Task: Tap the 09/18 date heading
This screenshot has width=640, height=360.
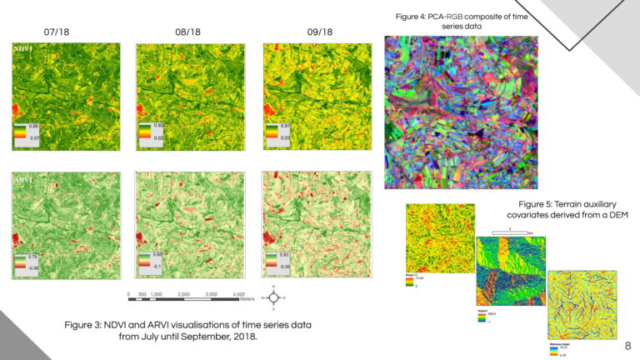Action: [x=319, y=32]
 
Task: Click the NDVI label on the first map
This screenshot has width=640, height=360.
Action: [x=23, y=50]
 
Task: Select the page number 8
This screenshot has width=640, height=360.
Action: [x=627, y=343]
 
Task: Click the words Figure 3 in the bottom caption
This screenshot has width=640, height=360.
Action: [x=83, y=324]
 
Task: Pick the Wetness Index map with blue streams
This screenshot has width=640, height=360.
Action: [x=582, y=303]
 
